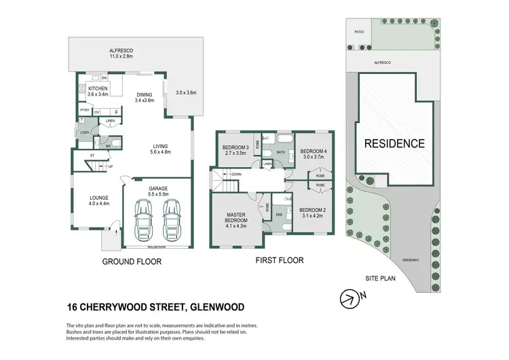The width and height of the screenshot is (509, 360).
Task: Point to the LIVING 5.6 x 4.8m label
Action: pos(161,149)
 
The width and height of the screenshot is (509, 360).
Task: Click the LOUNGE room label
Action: pos(94,200)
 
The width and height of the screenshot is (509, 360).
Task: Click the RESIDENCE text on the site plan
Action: pos(394,143)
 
